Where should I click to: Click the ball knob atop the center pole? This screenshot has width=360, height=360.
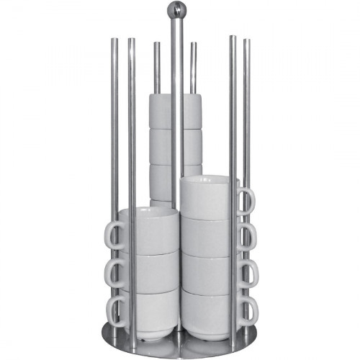pyautogui.click(x=175, y=9)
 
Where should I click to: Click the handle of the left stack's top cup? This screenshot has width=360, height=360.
pyautogui.click(x=115, y=234)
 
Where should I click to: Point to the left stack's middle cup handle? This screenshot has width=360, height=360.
pyautogui.click(x=115, y=272)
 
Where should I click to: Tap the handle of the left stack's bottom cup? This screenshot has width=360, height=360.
pyautogui.click(x=115, y=310)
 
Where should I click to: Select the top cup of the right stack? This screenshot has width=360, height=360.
pyautogui.click(x=207, y=196)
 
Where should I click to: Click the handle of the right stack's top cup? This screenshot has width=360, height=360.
pyautogui.click(x=245, y=200)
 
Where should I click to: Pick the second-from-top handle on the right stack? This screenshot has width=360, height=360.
pyautogui.click(x=245, y=236)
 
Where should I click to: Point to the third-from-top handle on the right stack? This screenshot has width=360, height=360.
pyautogui.click(x=246, y=274)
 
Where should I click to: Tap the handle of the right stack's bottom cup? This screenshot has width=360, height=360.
pyautogui.click(x=246, y=310)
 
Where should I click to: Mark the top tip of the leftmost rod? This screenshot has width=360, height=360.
pyautogui.click(x=114, y=41)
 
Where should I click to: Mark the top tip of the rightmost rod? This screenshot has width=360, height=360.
pyautogui.click(x=246, y=41)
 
